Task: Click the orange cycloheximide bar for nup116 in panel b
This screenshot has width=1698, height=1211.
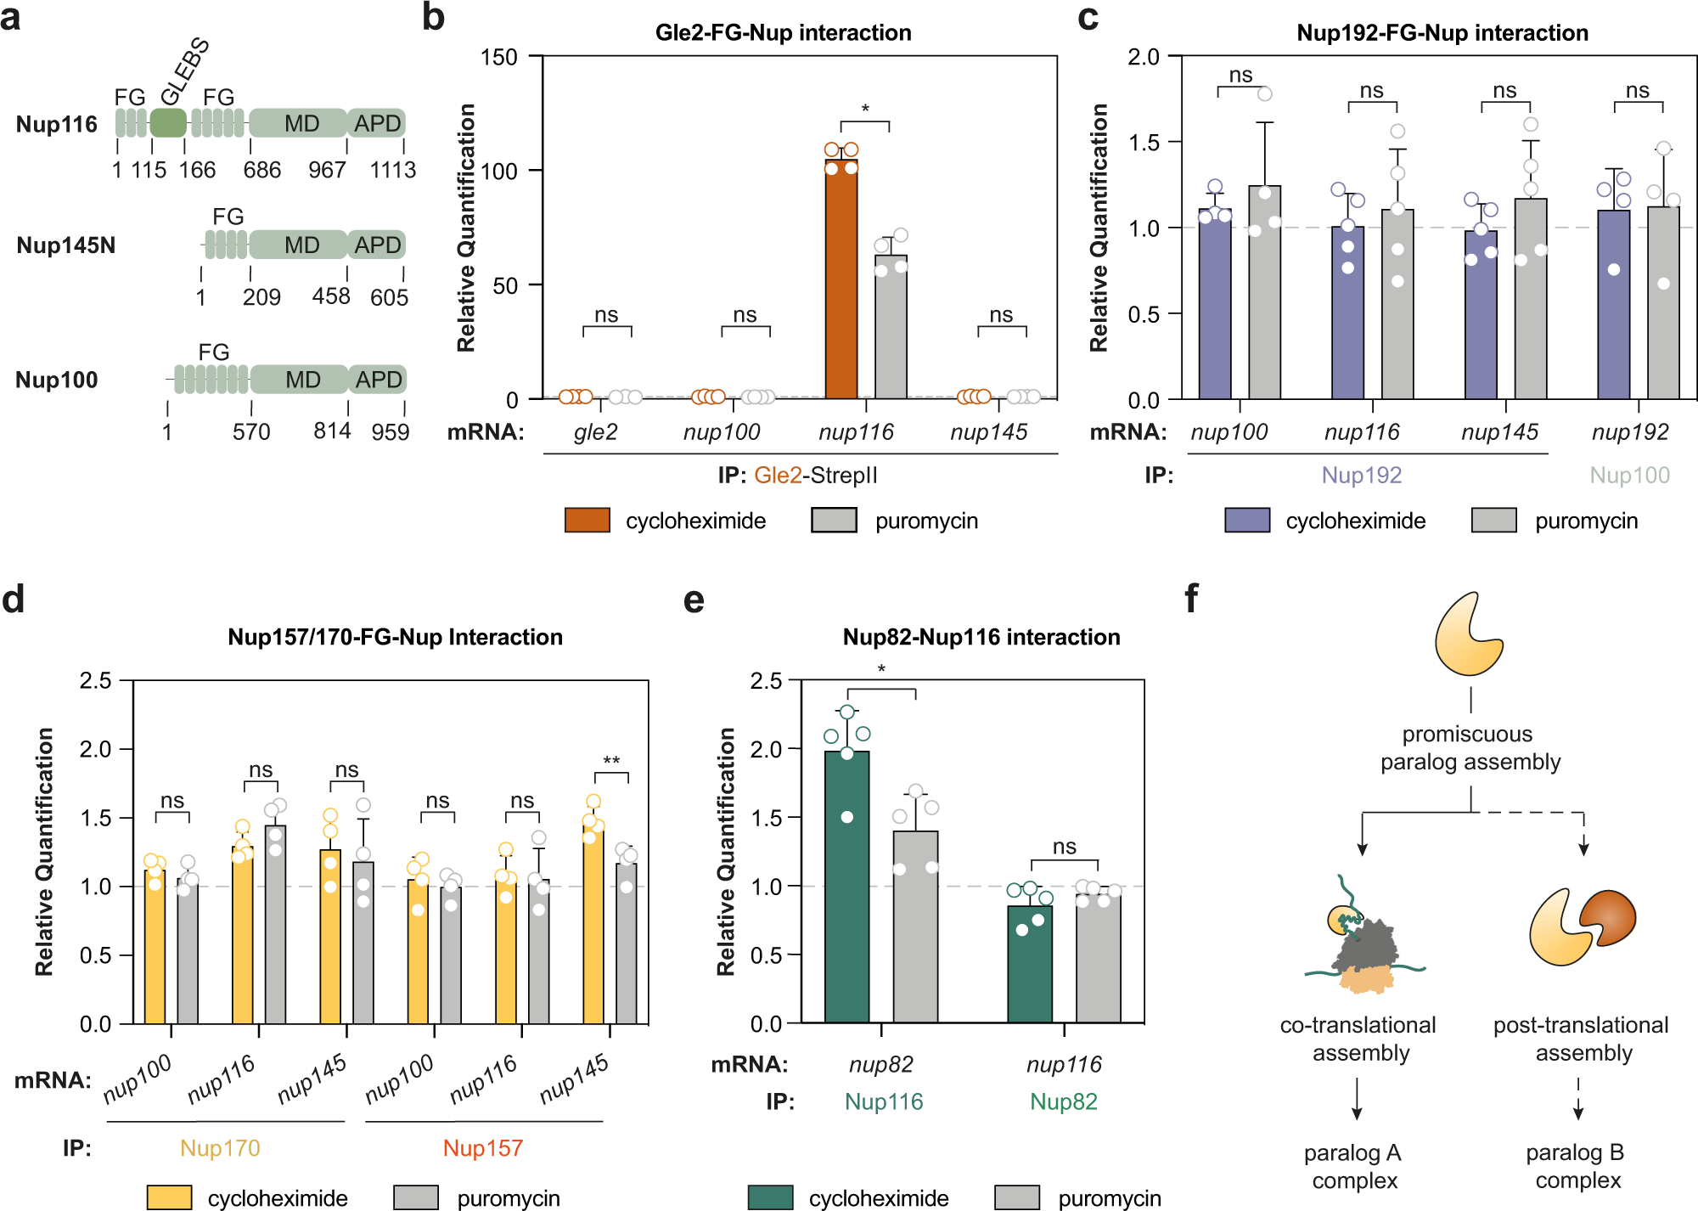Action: point(841,280)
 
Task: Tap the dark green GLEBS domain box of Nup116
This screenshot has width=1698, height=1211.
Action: point(168,123)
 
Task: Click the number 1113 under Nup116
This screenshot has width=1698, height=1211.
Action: point(392,170)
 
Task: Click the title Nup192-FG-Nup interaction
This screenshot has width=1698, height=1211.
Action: point(1442,33)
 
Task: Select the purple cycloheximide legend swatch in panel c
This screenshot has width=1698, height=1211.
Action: point(1246,520)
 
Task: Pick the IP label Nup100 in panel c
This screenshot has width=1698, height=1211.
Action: point(1628,475)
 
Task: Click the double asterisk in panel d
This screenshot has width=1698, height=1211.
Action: point(611,761)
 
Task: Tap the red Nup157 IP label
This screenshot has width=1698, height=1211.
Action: point(482,1148)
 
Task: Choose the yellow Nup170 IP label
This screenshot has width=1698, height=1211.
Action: point(220,1148)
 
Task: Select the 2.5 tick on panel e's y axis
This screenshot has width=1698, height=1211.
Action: point(766,681)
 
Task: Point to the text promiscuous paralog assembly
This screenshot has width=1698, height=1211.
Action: point(1470,747)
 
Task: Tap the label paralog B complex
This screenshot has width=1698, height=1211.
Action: point(1577,1166)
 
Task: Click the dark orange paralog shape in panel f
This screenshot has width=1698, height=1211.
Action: point(1607,917)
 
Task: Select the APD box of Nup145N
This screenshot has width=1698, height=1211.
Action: point(377,245)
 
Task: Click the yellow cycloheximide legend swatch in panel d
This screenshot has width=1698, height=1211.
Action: point(169,1197)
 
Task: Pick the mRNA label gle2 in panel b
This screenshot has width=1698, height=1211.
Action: point(595,432)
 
